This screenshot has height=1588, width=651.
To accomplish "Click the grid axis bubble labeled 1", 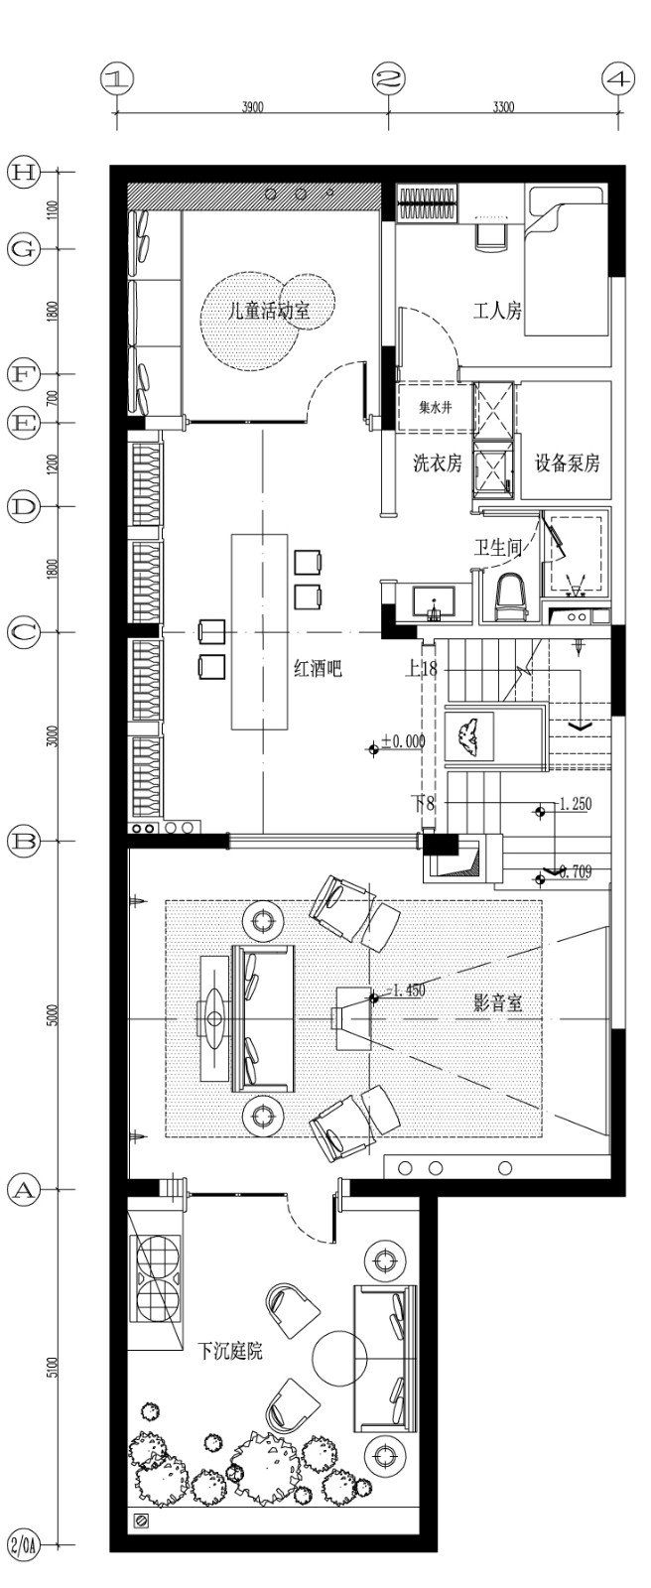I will click(118, 78).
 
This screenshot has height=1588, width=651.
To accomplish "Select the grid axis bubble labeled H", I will click(23, 172).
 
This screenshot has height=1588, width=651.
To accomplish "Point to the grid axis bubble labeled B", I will click(23, 842).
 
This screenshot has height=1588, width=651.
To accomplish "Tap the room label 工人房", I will click(496, 312).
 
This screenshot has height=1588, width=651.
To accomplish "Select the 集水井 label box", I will click(435, 407).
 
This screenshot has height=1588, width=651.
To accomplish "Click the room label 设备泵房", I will click(568, 463).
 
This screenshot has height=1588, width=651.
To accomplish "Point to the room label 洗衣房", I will click(438, 463).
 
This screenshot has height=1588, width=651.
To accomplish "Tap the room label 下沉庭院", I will click(230, 1351).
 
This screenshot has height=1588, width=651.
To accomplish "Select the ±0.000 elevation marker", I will click(397, 741).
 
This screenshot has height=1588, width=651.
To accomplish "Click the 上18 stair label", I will click(421, 669).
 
